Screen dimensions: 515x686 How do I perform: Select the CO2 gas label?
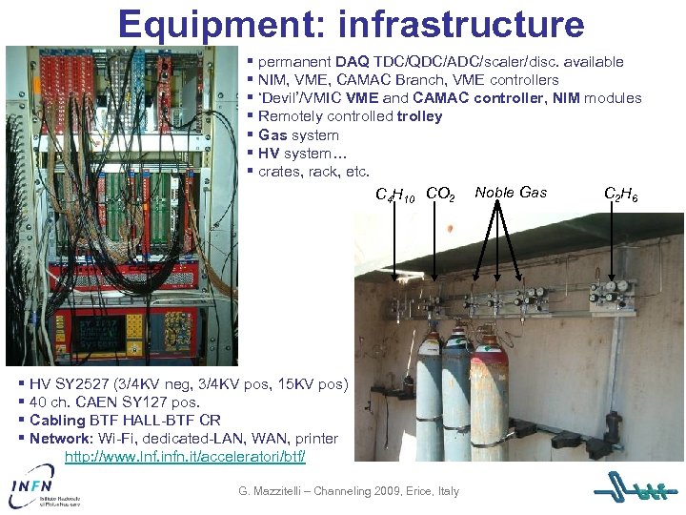(440, 194)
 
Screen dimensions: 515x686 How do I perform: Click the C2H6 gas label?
(620, 196)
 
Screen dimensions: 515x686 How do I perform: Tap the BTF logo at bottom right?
(636, 491)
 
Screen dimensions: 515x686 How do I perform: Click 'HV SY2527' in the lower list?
(66, 385)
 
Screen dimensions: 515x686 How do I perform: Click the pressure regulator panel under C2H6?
(610, 296)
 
